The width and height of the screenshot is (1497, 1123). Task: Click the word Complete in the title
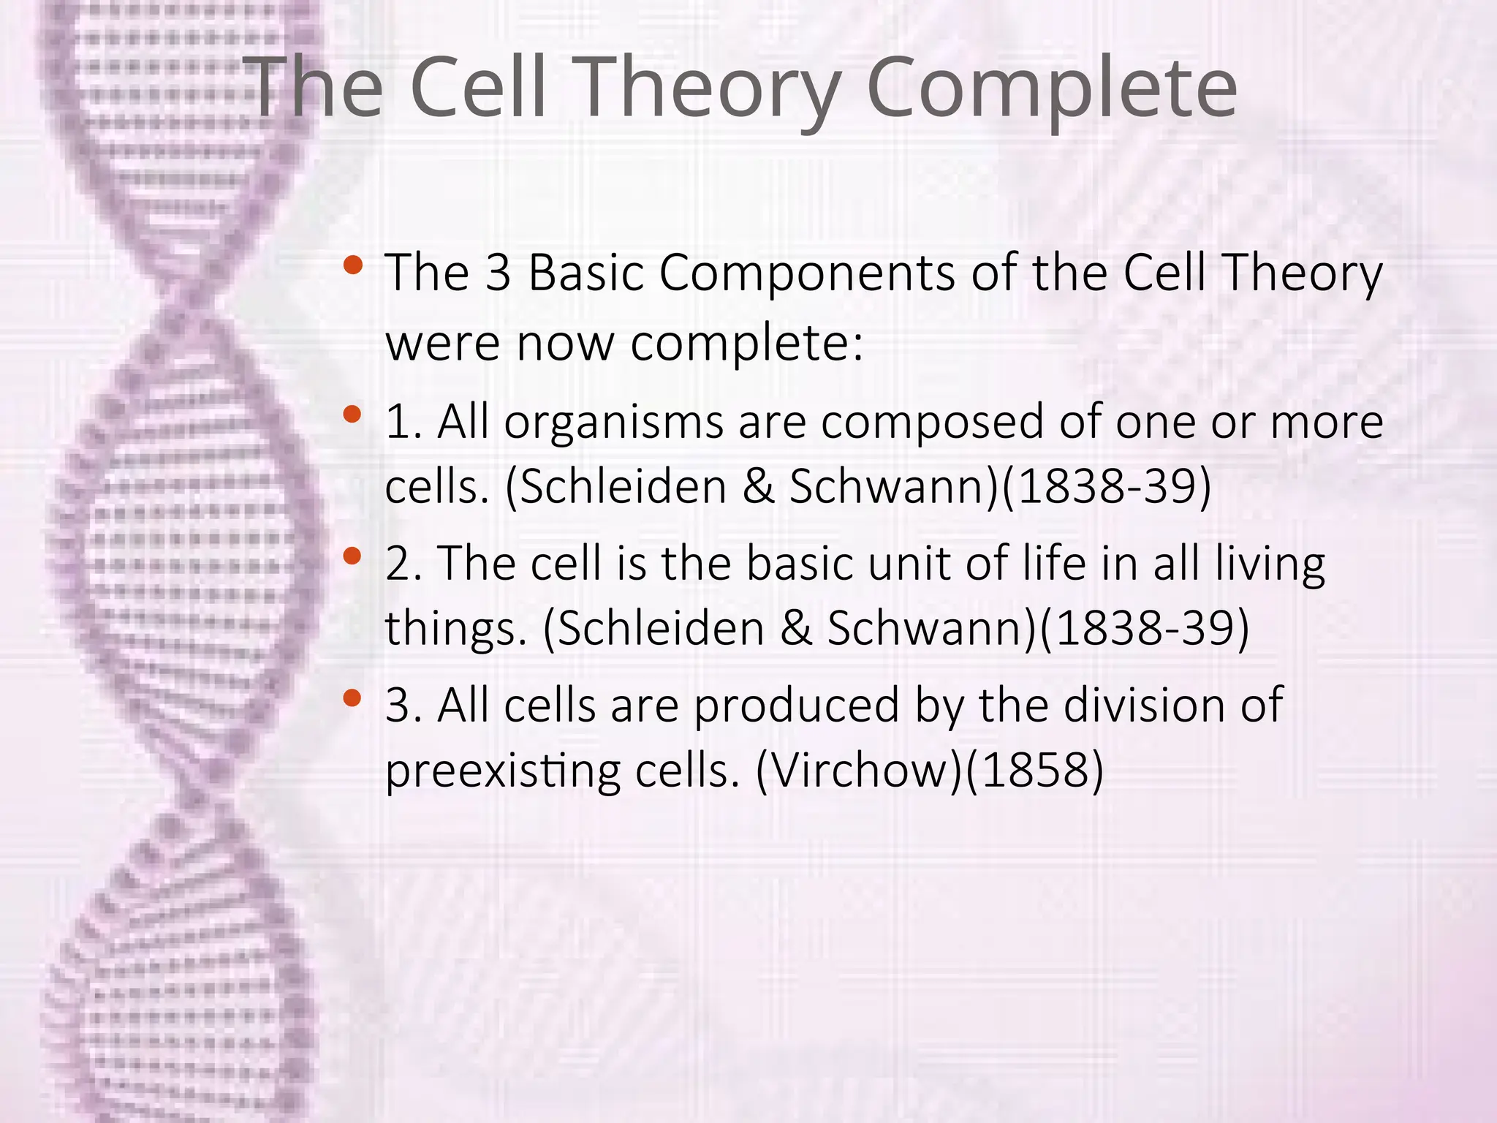[1051, 89]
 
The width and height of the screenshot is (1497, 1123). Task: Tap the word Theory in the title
[709, 89]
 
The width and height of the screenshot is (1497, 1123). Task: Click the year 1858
[1034, 771]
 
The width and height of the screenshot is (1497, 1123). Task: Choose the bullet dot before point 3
[352, 697]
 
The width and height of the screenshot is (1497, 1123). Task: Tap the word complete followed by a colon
[746, 344]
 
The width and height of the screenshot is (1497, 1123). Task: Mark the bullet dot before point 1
[352, 415]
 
